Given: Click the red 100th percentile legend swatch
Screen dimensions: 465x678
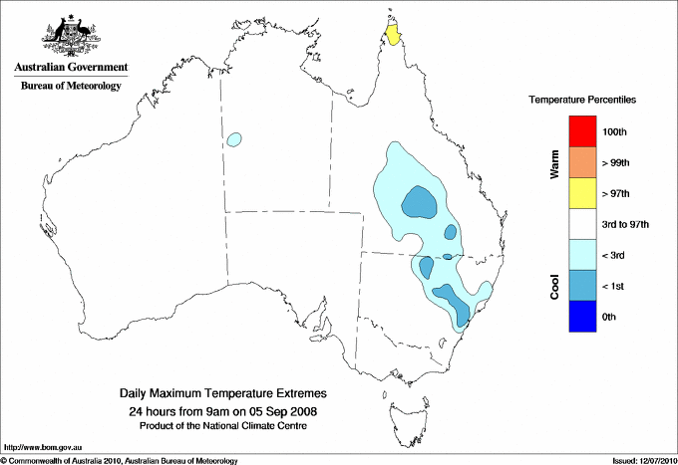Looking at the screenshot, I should [580, 131].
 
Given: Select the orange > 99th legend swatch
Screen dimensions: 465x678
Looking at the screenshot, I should [580, 162].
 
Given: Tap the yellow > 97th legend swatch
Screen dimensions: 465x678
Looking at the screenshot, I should [580, 193].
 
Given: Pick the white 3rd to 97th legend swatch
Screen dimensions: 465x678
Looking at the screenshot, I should [580, 224].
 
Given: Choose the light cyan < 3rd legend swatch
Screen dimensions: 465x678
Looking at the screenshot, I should [580, 255].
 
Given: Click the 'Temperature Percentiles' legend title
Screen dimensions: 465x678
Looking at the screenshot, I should [582, 101].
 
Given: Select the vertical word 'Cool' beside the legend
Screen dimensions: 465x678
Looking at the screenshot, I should [554, 287].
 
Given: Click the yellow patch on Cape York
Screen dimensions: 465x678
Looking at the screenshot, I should [394, 35].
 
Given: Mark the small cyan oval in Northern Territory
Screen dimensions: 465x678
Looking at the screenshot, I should [235, 140].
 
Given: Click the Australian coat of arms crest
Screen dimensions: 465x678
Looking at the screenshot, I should [71, 35].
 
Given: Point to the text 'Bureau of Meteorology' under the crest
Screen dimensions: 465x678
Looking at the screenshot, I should [71, 87].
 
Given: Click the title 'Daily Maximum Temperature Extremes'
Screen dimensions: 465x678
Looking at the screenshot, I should [223, 394].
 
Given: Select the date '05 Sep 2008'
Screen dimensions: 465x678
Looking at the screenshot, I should [285, 410].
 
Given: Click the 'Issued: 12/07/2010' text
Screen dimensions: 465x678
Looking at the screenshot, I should [642, 460].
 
